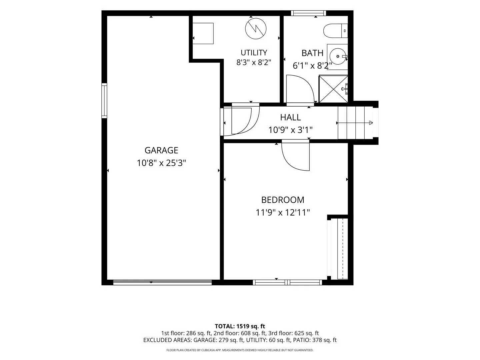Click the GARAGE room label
[161, 150]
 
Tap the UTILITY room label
[254, 53]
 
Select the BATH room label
[312, 53]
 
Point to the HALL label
[290, 117]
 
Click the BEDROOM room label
[283, 200]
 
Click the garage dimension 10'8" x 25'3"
[161, 163]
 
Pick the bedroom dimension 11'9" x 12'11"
[283, 212]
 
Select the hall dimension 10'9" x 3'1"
[290, 130]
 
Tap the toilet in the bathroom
[335, 31]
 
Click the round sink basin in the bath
[338, 56]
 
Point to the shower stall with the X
[333, 89]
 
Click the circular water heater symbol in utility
[256, 29]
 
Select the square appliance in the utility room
[203, 33]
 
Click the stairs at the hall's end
[355, 123]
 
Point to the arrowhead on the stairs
[371, 123]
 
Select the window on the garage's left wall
[104, 101]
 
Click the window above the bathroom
[308, 13]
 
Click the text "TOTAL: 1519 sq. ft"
[240, 326]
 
